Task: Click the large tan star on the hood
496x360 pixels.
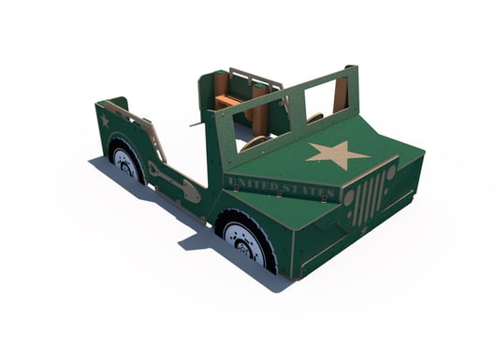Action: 338,153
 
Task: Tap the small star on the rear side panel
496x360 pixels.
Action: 105,121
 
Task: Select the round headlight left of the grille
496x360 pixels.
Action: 348,198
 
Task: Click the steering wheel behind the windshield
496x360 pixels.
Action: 253,143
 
